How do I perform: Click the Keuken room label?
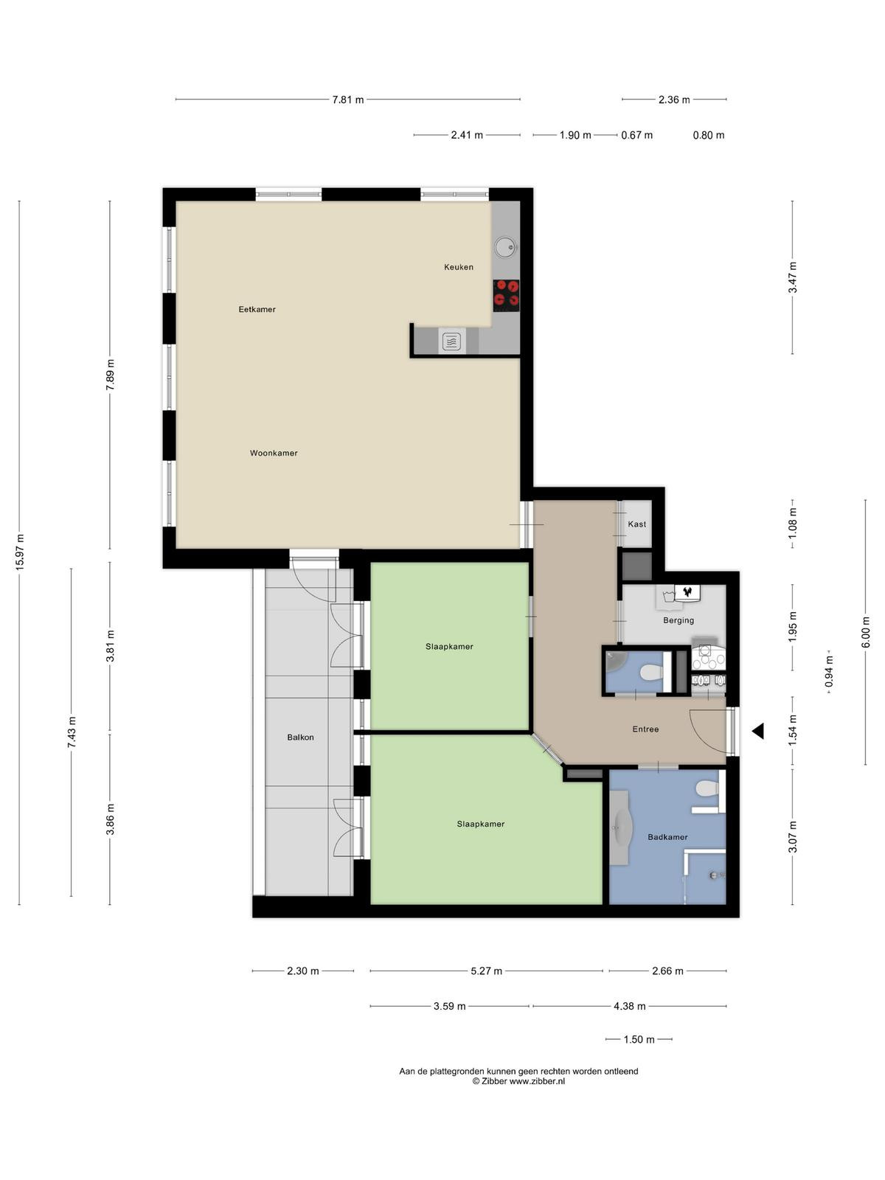pyautogui.click(x=458, y=267)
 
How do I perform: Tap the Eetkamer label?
pyautogui.click(x=257, y=309)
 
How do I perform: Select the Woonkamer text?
pyautogui.click(x=274, y=453)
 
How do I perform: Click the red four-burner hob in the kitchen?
pyautogui.click(x=506, y=294)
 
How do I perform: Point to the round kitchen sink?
pyautogui.click(x=505, y=247)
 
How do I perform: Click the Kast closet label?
pyautogui.click(x=636, y=524)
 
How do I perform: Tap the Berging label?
pyautogui.click(x=678, y=620)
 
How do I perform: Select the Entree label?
pyautogui.click(x=645, y=729)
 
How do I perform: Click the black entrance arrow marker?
pyautogui.click(x=757, y=731)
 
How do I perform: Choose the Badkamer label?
pyautogui.click(x=667, y=837)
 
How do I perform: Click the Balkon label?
pyautogui.click(x=300, y=737)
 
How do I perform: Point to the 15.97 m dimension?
pyautogui.click(x=20, y=552)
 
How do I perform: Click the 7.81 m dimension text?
pyautogui.click(x=347, y=100)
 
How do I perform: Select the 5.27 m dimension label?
pyautogui.click(x=486, y=971)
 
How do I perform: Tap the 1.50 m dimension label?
pyautogui.click(x=639, y=1040)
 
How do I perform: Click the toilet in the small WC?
pyautogui.click(x=653, y=672)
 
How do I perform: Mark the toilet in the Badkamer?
pyautogui.click(x=707, y=788)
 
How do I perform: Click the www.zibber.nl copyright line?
pyautogui.click(x=518, y=1082)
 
